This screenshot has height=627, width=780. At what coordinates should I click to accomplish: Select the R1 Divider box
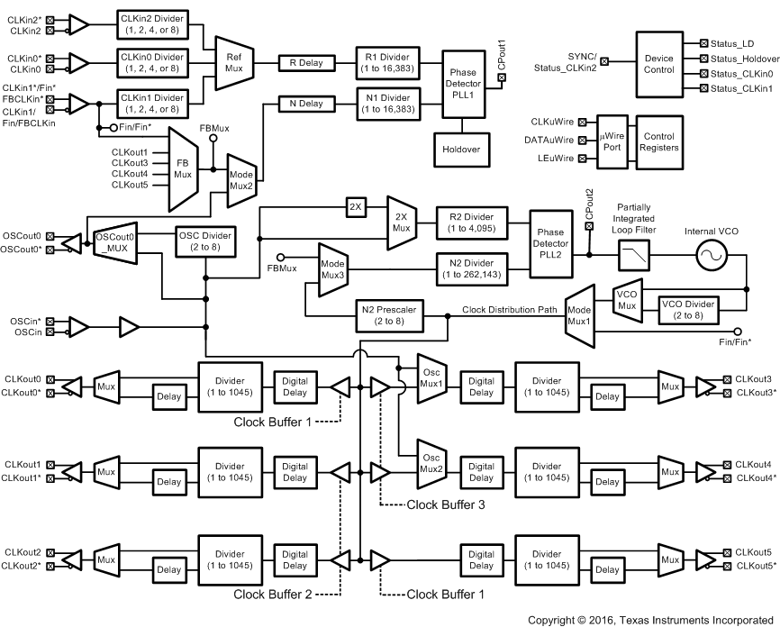(x=382, y=62)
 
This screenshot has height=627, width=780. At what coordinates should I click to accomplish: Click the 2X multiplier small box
(x=356, y=208)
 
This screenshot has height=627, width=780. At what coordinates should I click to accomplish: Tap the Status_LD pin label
(x=736, y=42)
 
